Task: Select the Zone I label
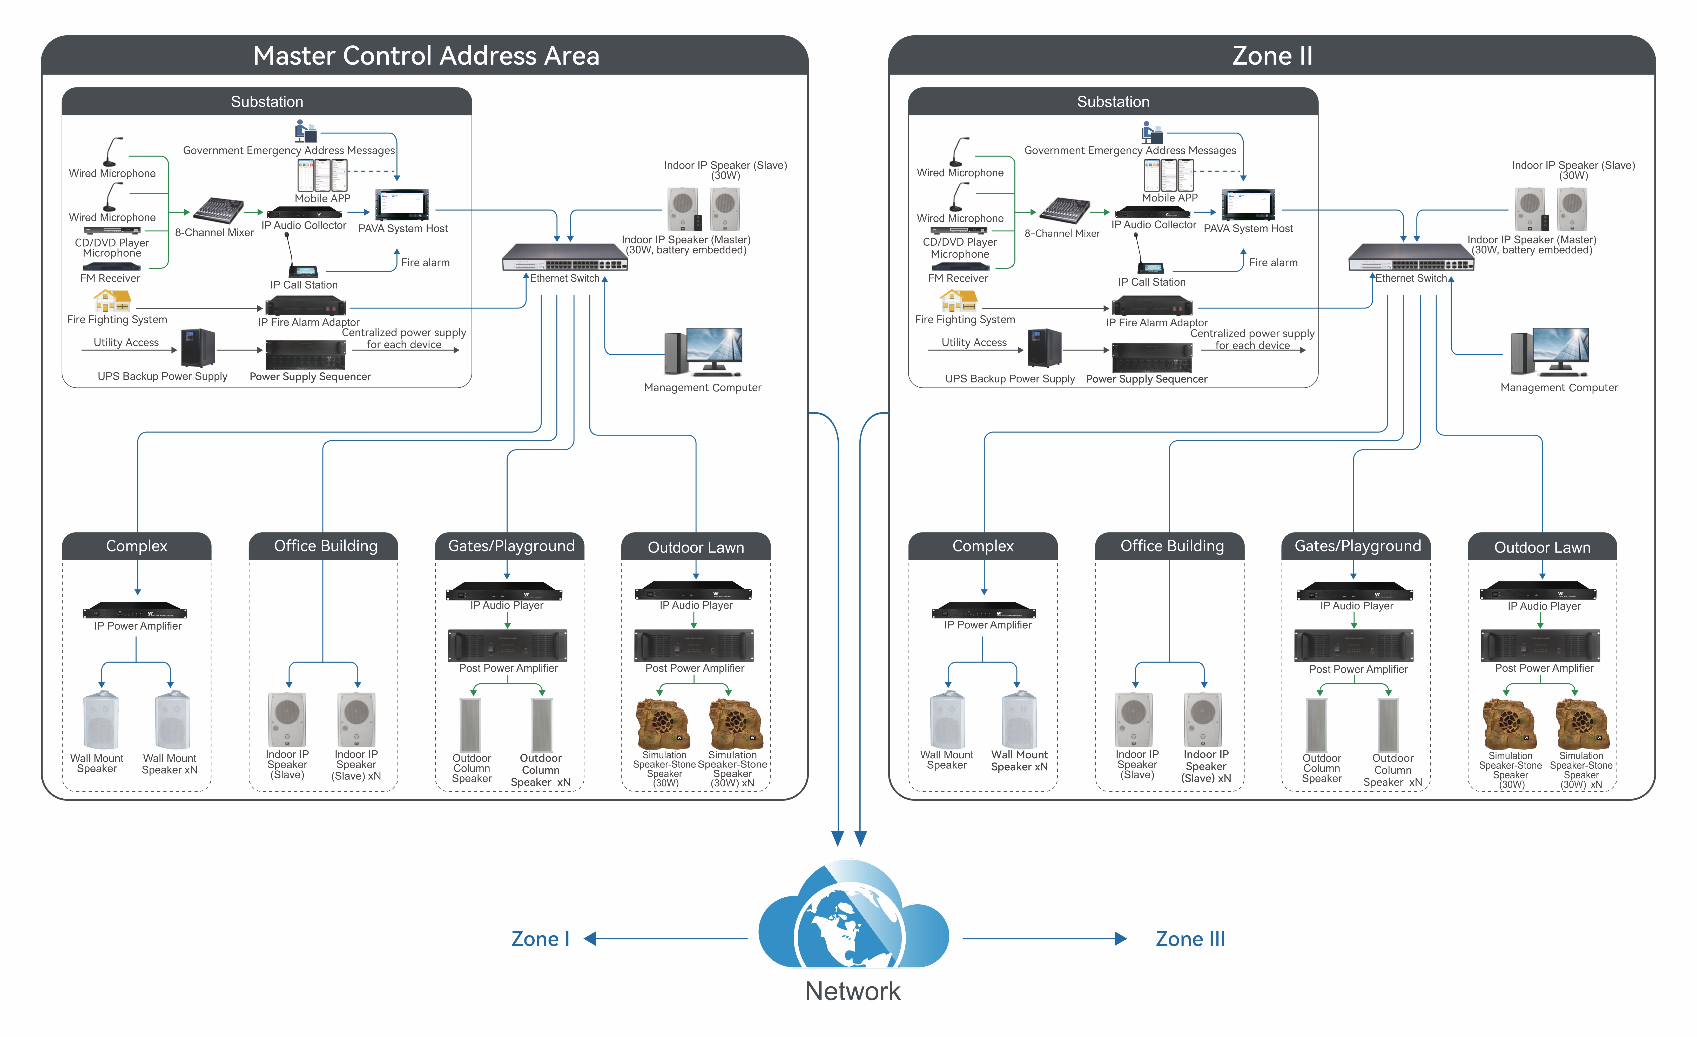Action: pos(540,939)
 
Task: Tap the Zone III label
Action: pos(1190,939)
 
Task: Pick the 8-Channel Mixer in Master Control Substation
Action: pos(218,210)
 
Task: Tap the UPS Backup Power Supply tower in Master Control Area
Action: pos(198,348)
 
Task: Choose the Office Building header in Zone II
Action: pos(1171,546)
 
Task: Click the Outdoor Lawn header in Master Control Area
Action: pos(696,547)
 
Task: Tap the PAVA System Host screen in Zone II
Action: pos(1248,205)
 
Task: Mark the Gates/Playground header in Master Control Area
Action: pos(511,546)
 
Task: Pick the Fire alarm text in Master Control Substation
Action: pos(425,262)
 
